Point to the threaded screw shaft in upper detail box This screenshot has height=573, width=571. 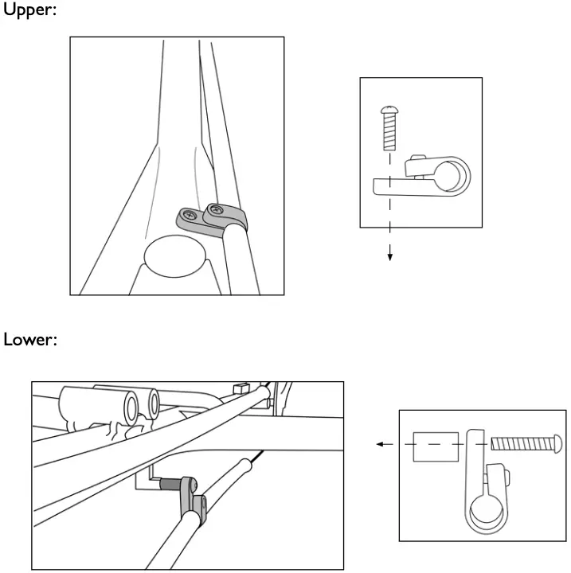tap(389, 132)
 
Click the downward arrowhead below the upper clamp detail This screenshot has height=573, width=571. tap(389, 256)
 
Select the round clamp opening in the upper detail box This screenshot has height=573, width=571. tap(452, 175)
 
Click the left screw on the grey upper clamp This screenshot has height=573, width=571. tap(189, 215)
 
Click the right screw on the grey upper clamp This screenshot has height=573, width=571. tap(214, 210)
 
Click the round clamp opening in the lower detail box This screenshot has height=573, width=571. tap(487, 510)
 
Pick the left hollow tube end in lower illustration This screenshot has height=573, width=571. tap(131, 407)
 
